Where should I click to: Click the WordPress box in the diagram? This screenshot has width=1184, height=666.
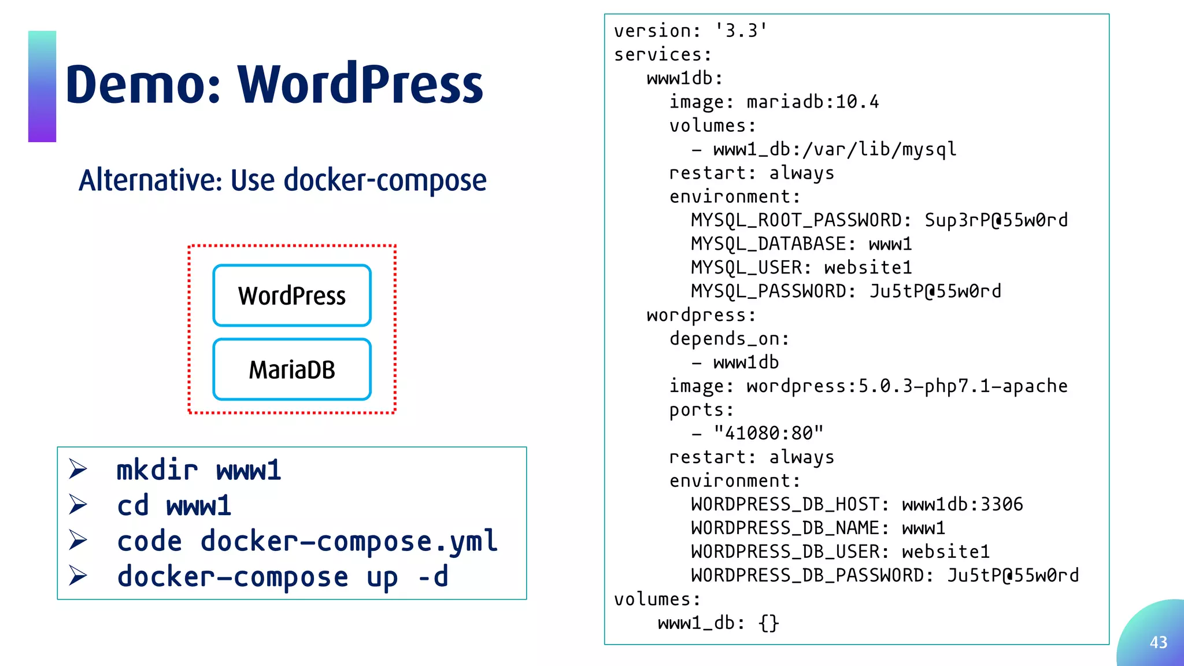click(x=292, y=295)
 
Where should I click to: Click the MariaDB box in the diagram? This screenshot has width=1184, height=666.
click(x=292, y=369)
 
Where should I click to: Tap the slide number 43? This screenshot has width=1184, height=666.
click(x=1158, y=642)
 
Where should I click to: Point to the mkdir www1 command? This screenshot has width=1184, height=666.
click(x=199, y=470)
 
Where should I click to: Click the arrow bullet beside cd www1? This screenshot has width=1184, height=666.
click(x=78, y=505)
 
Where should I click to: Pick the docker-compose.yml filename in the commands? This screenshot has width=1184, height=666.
click(x=349, y=541)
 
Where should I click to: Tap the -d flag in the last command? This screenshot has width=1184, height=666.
click(x=433, y=576)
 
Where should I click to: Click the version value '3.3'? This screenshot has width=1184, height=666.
click(x=741, y=31)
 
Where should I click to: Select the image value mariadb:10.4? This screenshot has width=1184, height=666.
click(x=813, y=102)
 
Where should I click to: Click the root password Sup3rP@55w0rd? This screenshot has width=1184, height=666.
click(x=996, y=220)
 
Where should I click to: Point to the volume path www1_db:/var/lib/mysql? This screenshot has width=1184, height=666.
click(x=835, y=149)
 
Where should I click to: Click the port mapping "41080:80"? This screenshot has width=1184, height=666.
click(x=768, y=433)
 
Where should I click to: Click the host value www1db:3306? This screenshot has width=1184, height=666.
click(x=963, y=504)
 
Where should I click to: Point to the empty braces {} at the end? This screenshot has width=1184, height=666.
click(x=769, y=623)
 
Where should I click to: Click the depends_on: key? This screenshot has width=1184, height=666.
click(x=729, y=338)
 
